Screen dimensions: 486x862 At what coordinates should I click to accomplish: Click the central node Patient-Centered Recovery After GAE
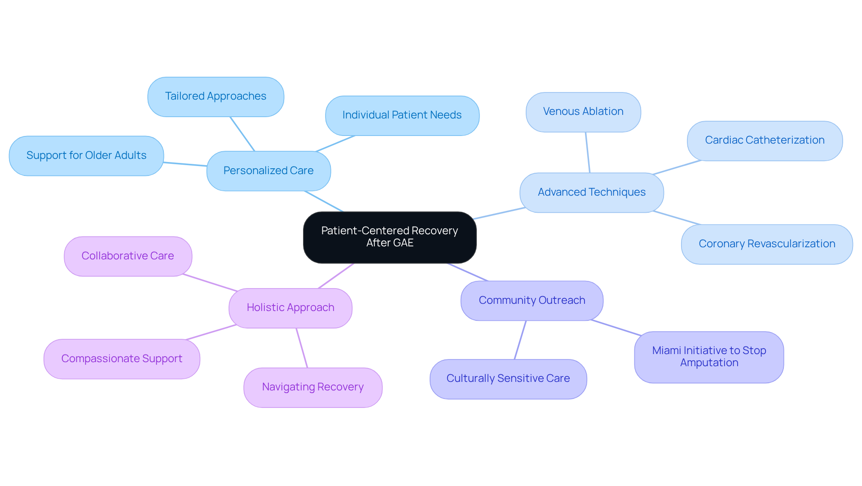(x=389, y=237)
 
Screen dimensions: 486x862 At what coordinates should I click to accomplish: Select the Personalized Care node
(x=268, y=171)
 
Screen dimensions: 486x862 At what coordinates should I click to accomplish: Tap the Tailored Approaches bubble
(x=215, y=96)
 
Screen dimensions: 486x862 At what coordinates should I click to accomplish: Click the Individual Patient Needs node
(x=402, y=115)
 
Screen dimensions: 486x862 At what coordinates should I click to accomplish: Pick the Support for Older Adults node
(x=86, y=156)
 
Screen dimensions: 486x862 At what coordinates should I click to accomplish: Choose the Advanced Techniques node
(x=591, y=193)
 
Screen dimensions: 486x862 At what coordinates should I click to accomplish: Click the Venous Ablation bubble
(x=583, y=112)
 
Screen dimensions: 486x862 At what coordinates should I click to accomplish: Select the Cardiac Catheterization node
(x=764, y=140)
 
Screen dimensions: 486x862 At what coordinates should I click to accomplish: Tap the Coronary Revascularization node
(x=766, y=244)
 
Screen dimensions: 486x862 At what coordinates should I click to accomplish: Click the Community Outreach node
(x=532, y=301)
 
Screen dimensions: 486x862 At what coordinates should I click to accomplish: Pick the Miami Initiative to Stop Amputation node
(x=708, y=357)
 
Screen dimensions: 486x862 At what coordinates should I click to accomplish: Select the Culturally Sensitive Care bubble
(x=508, y=379)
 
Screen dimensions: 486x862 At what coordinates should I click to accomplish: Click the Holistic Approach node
(x=290, y=308)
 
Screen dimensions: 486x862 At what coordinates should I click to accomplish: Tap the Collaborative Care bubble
(x=128, y=256)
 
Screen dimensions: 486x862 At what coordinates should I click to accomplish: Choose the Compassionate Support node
(x=122, y=359)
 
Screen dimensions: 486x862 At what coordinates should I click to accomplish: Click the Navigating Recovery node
(x=312, y=387)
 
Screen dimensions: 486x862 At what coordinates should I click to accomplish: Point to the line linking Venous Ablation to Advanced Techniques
(x=588, y=153)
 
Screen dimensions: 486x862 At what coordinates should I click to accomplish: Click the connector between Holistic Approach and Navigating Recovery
(x=302, y=348)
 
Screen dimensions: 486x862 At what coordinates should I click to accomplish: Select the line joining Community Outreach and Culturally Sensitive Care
(x=520, y=340)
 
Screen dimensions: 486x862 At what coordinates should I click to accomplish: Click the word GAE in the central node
(x=402, y=243)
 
